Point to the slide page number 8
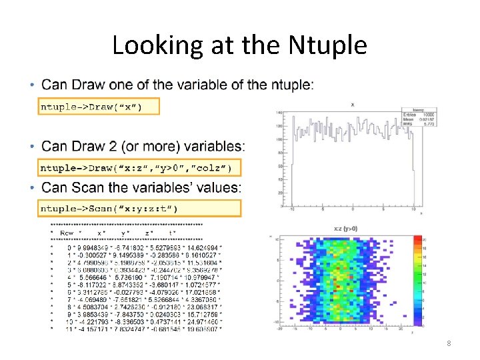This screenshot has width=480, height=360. pyautogui.click(x=449, y=343)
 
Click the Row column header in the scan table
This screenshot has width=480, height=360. pyautogui.click(x=67, y=233)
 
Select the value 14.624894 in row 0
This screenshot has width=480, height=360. pyautogui.click(x=201, y=247)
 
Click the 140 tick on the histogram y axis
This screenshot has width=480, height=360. pyautogui.click(x=277, y=113)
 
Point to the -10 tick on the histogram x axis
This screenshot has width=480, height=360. pyautogui.click(x=292, y=209)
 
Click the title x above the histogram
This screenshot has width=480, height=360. pyautogui.click(x=352, y=105)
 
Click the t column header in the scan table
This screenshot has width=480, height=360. pyautogui.click(x=172, y=233)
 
